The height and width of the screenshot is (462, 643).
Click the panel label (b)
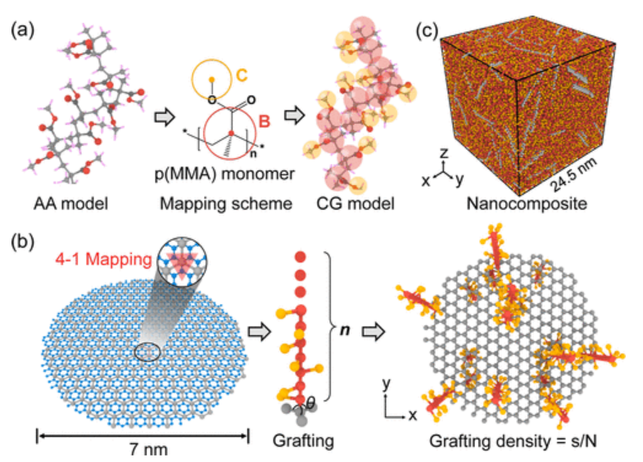[x=22, y=244]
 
